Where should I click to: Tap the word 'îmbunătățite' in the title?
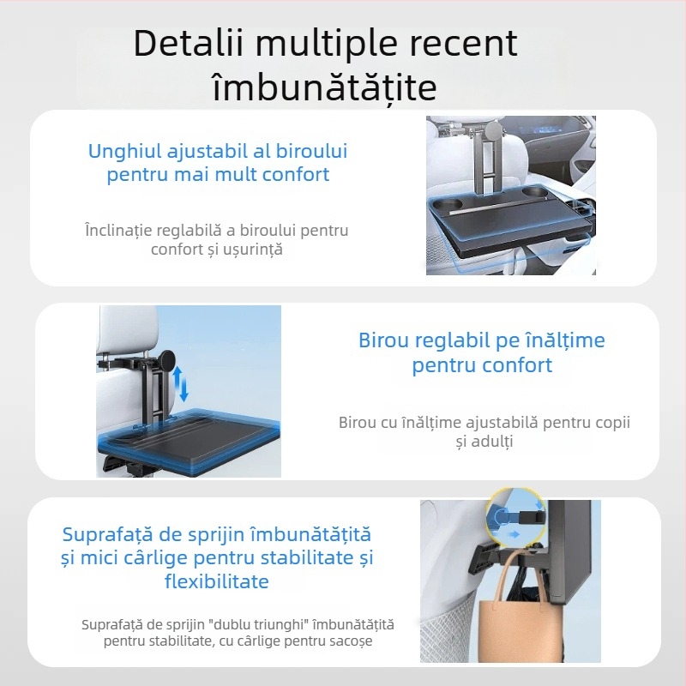(x=324, y=87)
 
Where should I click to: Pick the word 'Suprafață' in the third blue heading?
(x=109, y=534)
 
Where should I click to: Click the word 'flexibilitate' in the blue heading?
(x=216, y=581)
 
